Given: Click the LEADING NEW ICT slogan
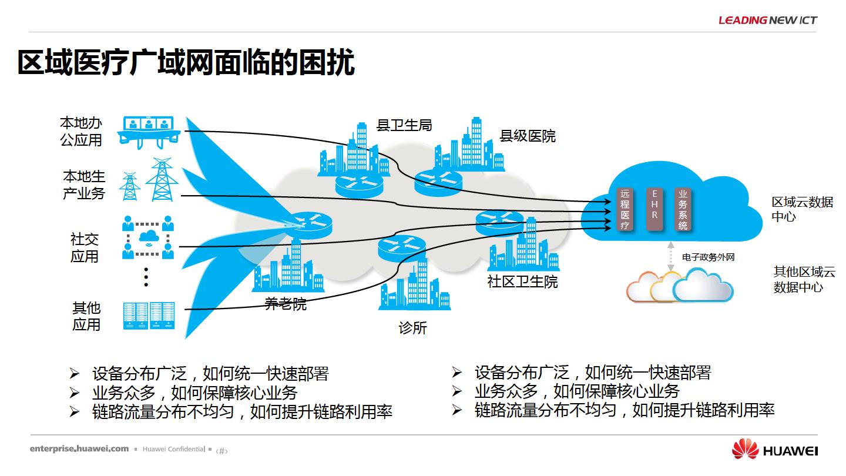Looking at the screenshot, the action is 768,20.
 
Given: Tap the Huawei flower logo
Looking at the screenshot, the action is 745,449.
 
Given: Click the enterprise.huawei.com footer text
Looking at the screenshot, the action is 79,449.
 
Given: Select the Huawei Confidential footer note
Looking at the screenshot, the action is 174,449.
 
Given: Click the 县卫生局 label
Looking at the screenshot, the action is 404,125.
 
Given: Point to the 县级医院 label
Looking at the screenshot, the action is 527,136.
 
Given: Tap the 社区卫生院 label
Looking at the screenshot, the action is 522,282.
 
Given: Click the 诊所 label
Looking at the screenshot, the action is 412,328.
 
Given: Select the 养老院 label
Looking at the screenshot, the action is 285,304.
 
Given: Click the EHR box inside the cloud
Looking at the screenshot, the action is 654,209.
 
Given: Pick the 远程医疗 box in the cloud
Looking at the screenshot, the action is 625,209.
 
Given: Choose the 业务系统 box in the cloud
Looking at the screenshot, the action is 683,209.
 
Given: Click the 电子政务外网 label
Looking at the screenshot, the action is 708,257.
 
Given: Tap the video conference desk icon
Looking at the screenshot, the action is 149,132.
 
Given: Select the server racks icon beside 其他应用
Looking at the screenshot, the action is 149,316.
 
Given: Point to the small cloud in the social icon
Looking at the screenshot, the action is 149,237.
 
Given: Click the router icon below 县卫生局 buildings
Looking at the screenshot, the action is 359,185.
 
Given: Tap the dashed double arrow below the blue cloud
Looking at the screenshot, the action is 670,256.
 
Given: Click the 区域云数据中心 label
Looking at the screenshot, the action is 802,209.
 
